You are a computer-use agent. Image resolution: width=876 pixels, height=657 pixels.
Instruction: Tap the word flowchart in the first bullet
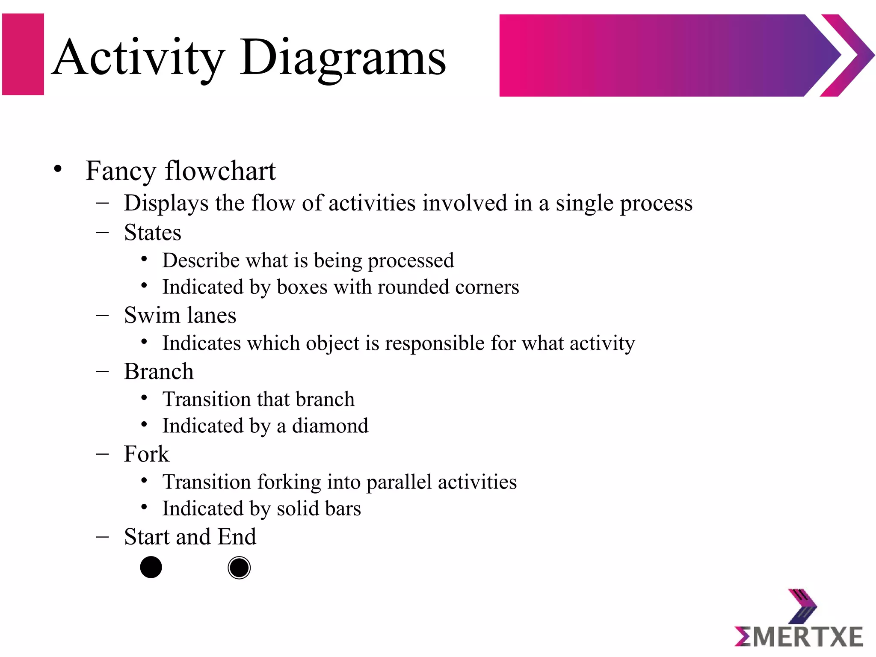220,171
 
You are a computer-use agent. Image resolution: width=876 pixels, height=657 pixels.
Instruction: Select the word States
153,233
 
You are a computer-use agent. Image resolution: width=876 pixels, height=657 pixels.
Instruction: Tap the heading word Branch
159,371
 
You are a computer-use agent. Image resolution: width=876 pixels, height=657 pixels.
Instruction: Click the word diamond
330,426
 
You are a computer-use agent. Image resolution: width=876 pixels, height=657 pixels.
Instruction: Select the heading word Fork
147,454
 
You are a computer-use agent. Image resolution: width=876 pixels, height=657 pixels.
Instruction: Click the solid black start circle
151,568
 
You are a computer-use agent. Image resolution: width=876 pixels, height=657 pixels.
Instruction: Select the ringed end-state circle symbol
239,568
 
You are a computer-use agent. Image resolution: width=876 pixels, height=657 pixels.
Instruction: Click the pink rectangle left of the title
23,54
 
